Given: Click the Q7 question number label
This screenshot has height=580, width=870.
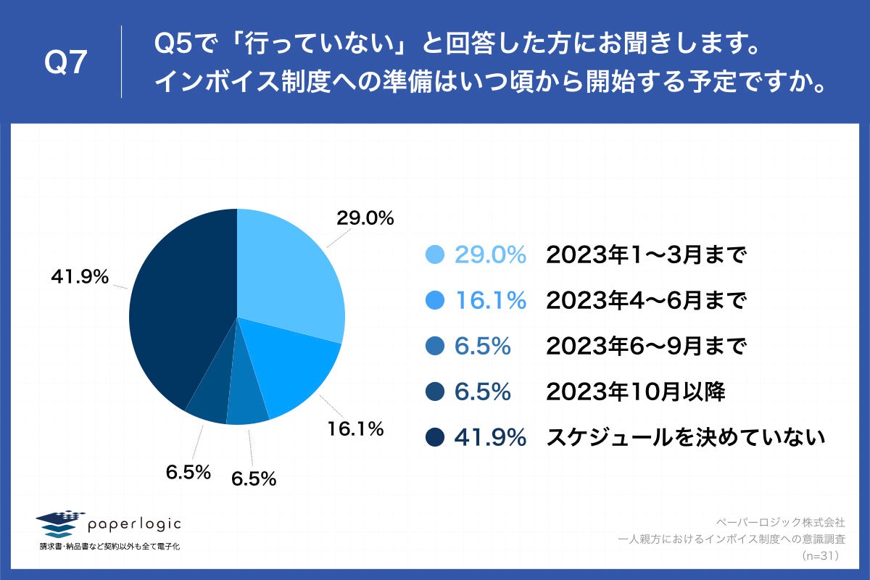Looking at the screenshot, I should click(x=66, y=64).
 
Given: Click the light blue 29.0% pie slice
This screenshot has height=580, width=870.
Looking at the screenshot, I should click(x=290, y=275).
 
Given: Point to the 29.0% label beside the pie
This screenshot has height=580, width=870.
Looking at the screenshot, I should click(x=365, y=217).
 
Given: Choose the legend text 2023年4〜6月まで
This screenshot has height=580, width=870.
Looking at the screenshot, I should click(x=646, y=300).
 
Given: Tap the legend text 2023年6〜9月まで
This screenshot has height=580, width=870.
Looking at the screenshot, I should click(x=646, y=347).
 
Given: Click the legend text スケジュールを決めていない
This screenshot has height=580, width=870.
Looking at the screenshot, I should click(x=686, y=437).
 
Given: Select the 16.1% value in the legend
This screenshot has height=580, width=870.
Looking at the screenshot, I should click(x=490, y=300).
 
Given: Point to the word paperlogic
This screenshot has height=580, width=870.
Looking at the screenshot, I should click(x=134, y=523).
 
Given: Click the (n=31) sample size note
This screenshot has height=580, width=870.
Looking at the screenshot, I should click(x=821, y=556).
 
